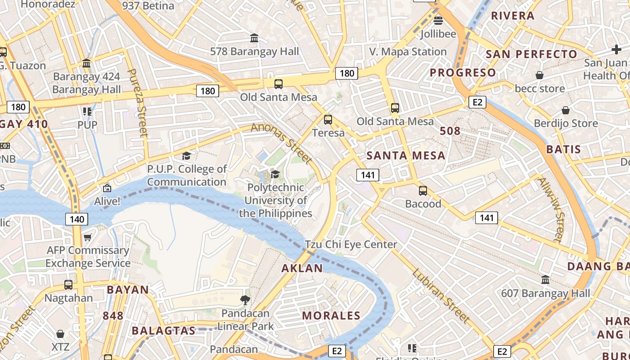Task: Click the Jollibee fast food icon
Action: coord(438,20)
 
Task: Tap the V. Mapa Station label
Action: coord(408,52)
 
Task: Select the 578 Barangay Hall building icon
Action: coord(254,38)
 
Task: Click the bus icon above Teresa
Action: coord(328,120)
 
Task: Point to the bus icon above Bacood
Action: coord(423,190)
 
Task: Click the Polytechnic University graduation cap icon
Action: coord(275,174)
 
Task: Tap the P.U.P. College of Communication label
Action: coord(187,175)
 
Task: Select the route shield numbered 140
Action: coord(77,219)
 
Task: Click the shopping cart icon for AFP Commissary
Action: coord(88,237)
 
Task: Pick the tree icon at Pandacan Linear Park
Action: coord(245,300)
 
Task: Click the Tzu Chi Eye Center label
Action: coord(351,244)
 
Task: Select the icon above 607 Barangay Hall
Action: coord(545,280)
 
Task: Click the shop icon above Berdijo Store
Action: coord(566,110)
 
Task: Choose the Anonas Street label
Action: coord(282,143)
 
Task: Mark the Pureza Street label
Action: coord(138,103)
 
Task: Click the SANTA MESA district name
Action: coord(406,156)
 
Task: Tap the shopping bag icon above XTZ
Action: coord(60,334)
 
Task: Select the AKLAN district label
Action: coord(302,268)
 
